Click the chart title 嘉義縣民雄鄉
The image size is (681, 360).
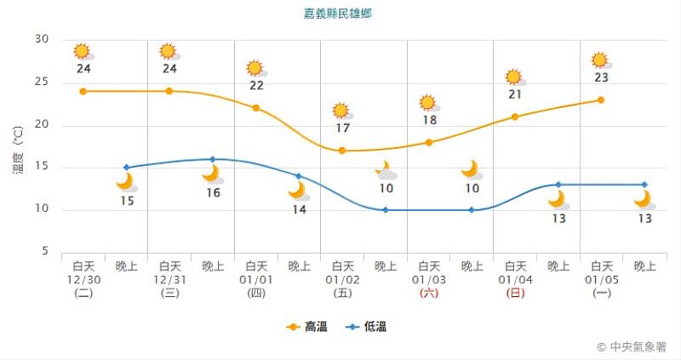click(x=338, y=14)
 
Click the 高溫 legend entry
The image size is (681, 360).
click(x=308, y=326)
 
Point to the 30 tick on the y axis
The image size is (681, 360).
click(x=42, y=40)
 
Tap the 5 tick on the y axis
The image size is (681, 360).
click(x=45, y=252)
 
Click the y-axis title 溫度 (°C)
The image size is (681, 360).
click(x=18, y=151)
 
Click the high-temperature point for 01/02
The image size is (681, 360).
click(x=342, y=151)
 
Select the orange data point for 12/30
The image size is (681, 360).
click(x=83, y=91)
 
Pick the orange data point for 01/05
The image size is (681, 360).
click(x=601, y=100)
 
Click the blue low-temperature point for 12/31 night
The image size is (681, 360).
click(x=213, y=159)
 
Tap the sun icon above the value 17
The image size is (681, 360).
click(x=341, y=111)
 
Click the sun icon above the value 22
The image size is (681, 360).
click(x=255, y=68)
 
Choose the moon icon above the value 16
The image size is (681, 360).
click(x=211, y=174)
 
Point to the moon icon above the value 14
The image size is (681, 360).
click(x=297, y=191)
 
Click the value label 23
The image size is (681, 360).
click(x=601, y=77)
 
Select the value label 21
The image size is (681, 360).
click(x=515, y=94)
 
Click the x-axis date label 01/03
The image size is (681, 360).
click(x=429, y=279)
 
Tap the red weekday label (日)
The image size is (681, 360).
click(x=515, y=293)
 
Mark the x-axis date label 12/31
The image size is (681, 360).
click(x=170, y=279)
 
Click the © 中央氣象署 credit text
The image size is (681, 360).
click(x=632, y=346)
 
